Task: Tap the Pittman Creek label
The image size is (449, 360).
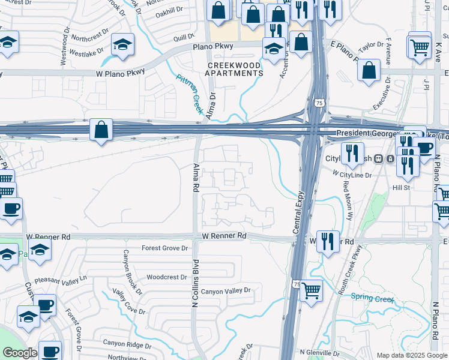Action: (190, 94)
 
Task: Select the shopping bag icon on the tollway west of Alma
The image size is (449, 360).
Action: (101, 130)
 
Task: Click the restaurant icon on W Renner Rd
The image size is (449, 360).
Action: (328, 242)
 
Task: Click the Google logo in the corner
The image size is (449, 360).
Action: (20, 353)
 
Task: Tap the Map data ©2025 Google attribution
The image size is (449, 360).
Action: (412, 355)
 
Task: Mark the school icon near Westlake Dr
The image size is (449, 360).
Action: (123, 46)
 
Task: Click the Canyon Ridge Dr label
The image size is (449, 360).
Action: (127, 344)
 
